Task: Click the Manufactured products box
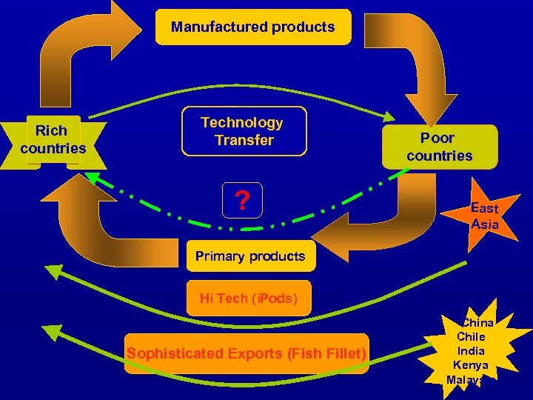[252, 27]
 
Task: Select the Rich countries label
[53, 139]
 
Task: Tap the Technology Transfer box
[244, 132]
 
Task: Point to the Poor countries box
[439, 147]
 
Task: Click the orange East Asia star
[484, 216]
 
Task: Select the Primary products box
[250, 256]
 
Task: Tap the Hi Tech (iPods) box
[249, 299]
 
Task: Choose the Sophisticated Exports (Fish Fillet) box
[247, 353]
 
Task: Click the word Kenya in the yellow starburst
[471, 364]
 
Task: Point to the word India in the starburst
[471, 350]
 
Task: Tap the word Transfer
[244, 140]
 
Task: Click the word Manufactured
[209, 27]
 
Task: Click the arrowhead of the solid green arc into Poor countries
[391, 116]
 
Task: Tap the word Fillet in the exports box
[345, 353]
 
